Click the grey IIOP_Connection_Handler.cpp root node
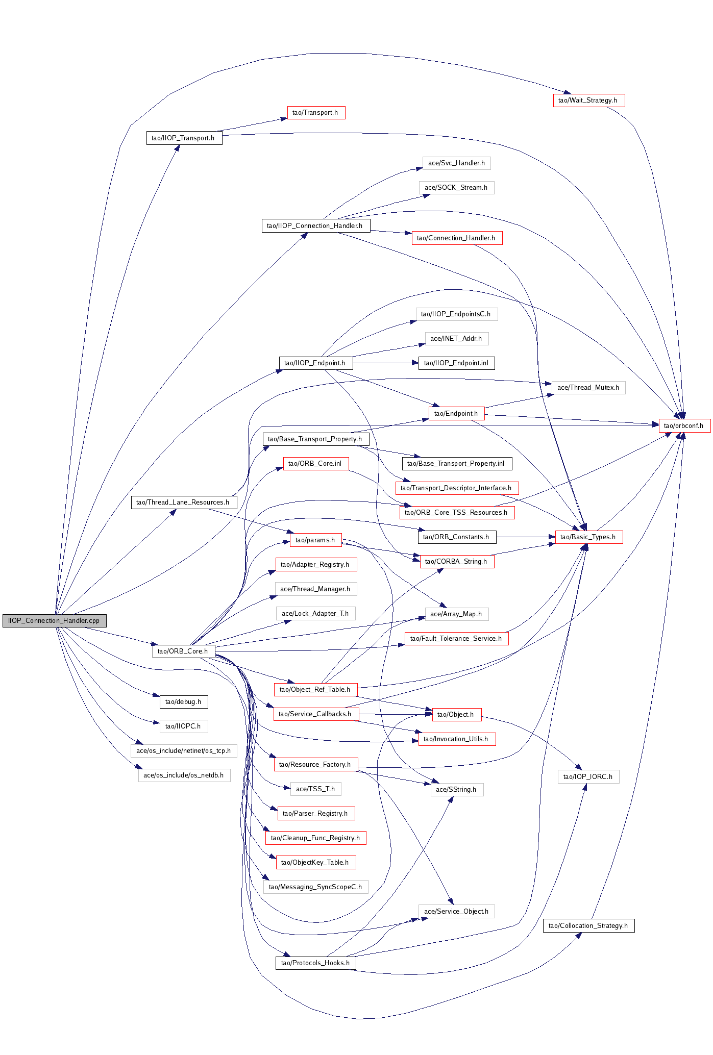54,620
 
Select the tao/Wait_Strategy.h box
588,100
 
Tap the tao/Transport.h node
316,112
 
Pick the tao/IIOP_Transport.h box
184,138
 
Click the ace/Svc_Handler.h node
456,163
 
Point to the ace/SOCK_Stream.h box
456,187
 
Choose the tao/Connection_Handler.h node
457,238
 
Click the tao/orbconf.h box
684,425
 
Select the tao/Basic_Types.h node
588,537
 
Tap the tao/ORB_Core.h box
183,651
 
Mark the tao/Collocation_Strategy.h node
588,925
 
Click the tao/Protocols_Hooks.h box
315,963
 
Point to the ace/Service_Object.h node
456,911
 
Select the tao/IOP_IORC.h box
588,776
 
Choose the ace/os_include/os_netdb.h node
184,775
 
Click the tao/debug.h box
183,701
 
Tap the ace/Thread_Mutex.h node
588,387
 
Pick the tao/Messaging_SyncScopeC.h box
315,887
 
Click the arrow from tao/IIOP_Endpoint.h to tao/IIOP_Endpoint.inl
383,363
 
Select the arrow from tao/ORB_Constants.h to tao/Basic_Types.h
526,537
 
